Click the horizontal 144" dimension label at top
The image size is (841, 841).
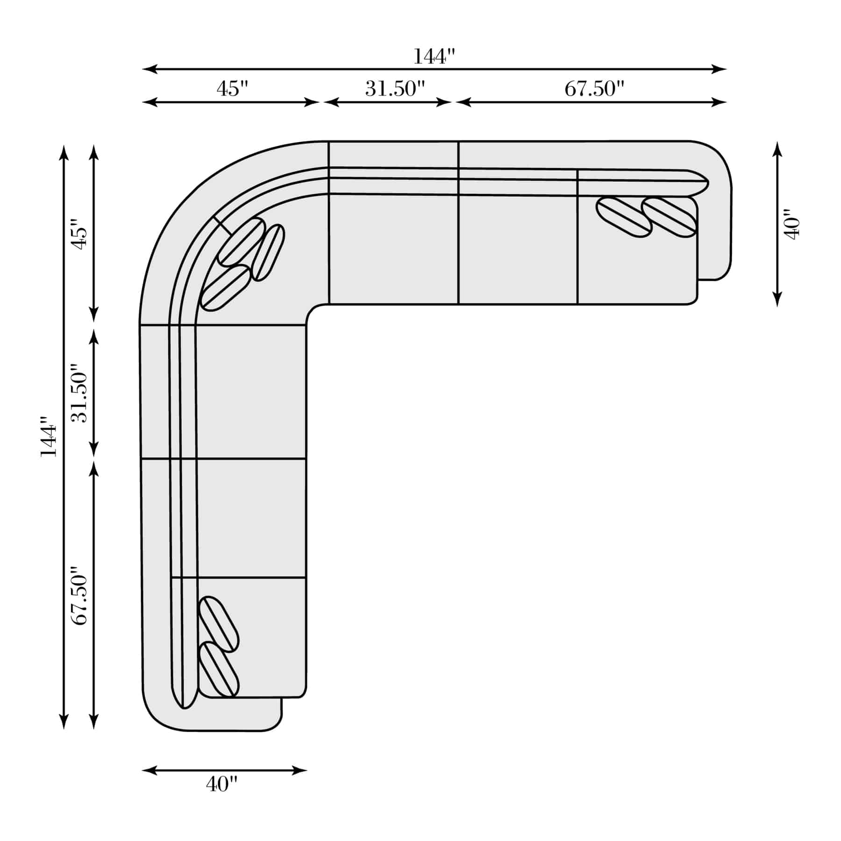pos(434,57)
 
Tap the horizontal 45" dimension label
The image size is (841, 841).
pos(232,88)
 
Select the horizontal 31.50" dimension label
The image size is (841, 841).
pos(395,88)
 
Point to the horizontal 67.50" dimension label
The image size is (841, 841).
pos(594,88)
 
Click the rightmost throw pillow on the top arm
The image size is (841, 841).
pos(669,217)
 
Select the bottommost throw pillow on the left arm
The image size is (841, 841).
pos(219,670)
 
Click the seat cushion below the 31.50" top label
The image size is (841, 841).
pos(393,250)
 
